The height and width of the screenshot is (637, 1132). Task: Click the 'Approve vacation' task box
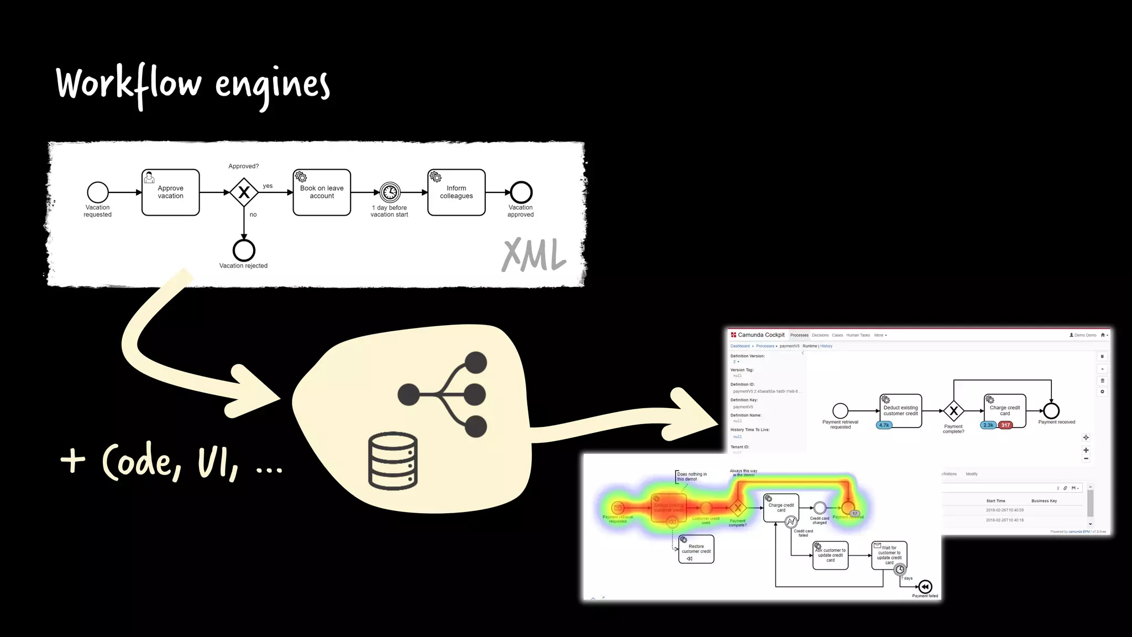pos(170,192)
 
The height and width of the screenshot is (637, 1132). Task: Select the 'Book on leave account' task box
pos(322,192)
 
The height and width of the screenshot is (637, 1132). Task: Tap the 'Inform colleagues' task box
pos(456,192)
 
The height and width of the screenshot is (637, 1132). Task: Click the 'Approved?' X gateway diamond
pos(244,192)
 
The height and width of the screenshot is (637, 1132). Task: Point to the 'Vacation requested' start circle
pos(98,192)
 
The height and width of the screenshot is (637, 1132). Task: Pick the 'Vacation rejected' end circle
pos(244,250)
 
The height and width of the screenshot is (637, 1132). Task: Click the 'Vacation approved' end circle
pos(521,192)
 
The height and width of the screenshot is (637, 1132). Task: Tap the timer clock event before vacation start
pos(390,192)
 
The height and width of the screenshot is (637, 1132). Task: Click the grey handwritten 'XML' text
pos(533,255)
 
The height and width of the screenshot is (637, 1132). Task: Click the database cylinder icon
pos(393,461)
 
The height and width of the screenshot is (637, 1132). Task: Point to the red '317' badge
pos(1005,425)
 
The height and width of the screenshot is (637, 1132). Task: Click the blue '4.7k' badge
pos(884,425)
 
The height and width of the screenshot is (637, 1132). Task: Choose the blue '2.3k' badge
pos(988,425)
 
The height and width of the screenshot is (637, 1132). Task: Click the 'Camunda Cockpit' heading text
pos(761,335)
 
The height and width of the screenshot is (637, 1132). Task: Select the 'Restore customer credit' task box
pos(696,549)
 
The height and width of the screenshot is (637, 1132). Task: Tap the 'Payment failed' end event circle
pos(925,587)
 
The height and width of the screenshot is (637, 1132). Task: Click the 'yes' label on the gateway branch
pos(268,186)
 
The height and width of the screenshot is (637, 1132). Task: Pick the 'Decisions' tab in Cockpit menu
pos(820,335)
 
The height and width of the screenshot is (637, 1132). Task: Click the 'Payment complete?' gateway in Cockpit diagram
pos(953,411)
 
